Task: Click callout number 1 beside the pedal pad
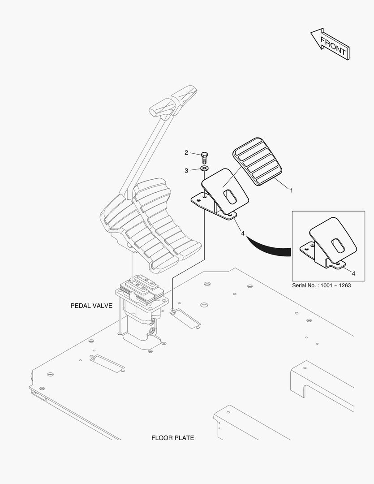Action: [291, 190]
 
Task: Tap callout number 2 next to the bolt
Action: [186, 153]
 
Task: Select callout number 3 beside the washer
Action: [186, 170]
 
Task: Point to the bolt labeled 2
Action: [204, 157]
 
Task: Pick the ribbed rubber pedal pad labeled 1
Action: [257, 161]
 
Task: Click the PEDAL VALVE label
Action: [91, 306]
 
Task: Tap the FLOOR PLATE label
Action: [172, 438]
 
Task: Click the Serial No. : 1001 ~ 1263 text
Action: [322, 285]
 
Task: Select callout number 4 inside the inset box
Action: [353, 273]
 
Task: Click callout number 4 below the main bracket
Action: [242, 233]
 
